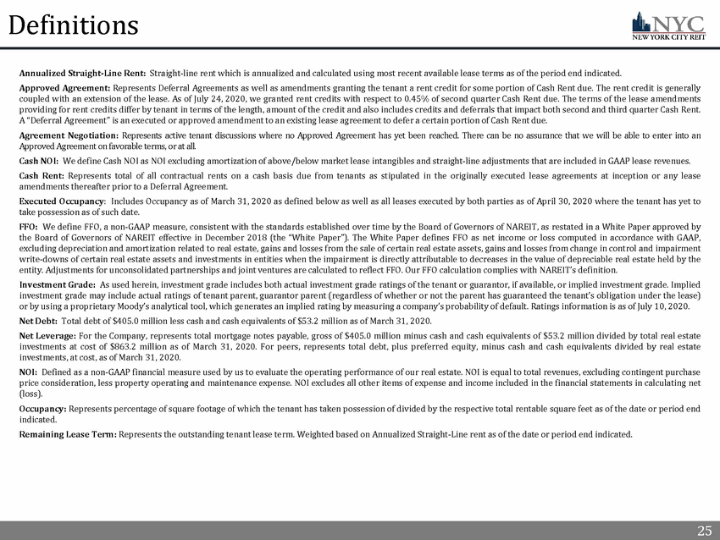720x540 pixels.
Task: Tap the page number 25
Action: [x=703, y=531]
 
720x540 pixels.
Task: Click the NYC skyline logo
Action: [x=673, y=25]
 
